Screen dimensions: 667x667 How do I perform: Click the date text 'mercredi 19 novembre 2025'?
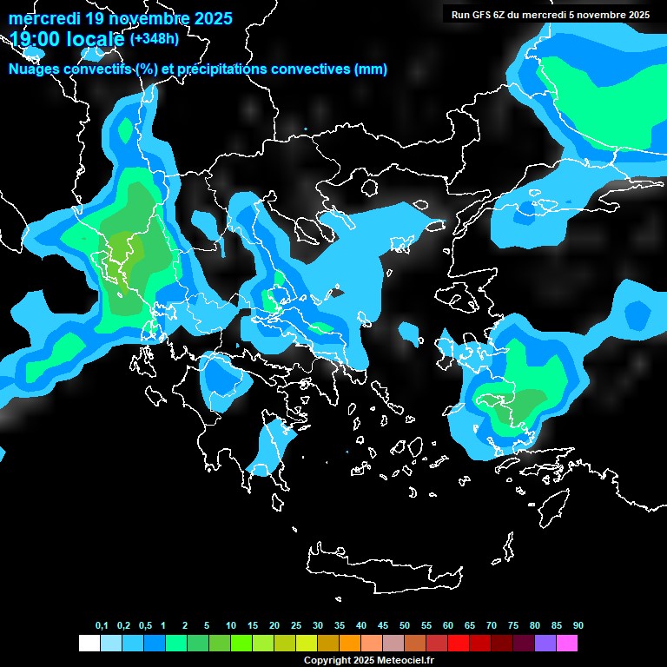click(120, 18)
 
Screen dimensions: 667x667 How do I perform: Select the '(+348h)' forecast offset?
click(155, 39)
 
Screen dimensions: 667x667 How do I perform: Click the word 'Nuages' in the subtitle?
click(36, 69)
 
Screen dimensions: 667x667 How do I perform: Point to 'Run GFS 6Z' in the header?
click(478, 15)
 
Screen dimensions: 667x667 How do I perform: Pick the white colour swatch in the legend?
click(89, 644)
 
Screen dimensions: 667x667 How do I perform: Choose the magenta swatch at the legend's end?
click(567, 644)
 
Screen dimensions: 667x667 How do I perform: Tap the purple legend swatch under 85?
click(545, 644)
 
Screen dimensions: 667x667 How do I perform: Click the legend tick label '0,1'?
click(102, 626)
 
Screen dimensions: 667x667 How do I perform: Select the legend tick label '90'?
click(578, 626)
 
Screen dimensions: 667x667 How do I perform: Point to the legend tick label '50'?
click(405, 626)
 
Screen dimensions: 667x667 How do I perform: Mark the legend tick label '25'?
click(296, 626)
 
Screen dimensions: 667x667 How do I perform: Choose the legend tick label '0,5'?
click(145, 626)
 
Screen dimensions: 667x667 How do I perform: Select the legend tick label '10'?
click(231, 626)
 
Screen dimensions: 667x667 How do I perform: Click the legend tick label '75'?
click(513, 626)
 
